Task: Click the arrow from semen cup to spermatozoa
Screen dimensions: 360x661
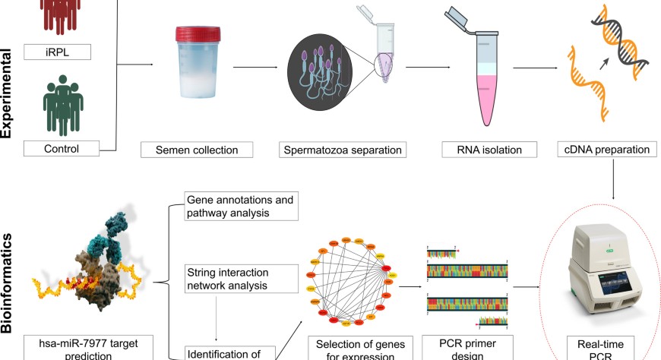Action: point(254,68)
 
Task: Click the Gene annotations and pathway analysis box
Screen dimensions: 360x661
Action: point(242,206)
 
